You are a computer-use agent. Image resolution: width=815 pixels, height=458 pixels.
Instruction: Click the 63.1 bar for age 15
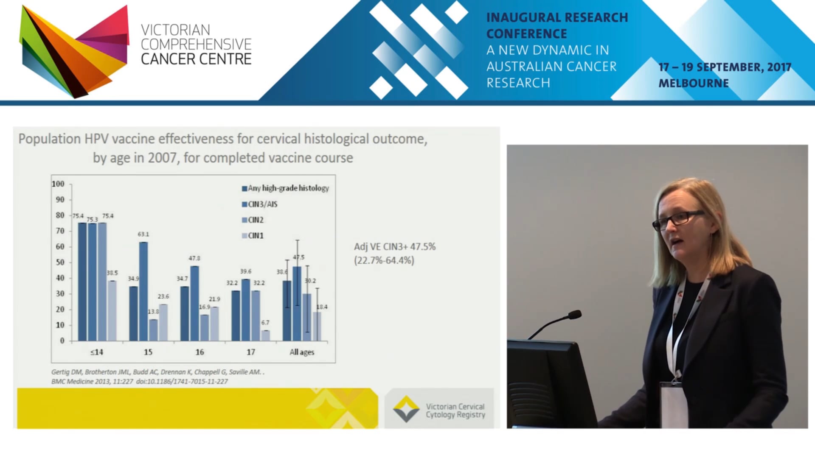tap(143, 291)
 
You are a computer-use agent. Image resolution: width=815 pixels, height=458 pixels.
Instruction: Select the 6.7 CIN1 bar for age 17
tap(265, 335)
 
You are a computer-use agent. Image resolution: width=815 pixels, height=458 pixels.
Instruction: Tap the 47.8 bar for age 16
tap(194, 303)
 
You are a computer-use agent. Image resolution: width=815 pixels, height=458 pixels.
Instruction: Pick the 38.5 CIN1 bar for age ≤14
tap(112, 310)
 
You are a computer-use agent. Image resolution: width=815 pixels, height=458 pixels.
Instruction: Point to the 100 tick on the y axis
tap(58, 184)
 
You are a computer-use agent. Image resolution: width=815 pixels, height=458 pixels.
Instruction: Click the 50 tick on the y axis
tap(60, 263)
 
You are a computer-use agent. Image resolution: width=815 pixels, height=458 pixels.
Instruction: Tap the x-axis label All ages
tap(302, 352)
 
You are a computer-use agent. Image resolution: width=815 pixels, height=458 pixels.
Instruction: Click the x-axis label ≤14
tap(97, 352)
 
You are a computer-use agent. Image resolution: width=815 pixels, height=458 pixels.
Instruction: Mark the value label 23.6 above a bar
tap(163, 296)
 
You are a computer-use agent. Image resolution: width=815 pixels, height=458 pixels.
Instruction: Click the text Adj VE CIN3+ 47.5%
tap(395, 247)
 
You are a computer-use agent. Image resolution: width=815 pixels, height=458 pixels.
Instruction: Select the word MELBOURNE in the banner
tap(694, 83)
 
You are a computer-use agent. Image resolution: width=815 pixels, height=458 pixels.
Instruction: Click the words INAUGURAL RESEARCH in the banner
tap(557, 17)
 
